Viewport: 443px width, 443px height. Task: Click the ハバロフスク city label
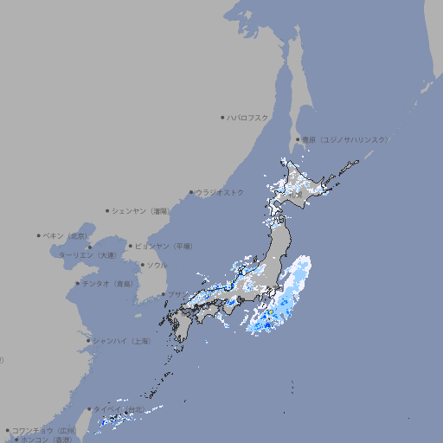[x=248, y=117]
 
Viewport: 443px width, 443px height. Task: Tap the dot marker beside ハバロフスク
[x=222, y=117]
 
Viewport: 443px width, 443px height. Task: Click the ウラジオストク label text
[x=220, y=192]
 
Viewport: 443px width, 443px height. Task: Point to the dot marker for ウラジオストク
[x=191, y=192]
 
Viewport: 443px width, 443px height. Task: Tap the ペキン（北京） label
[x=66, y=235]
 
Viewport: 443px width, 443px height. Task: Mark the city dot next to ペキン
[x=39, y=235]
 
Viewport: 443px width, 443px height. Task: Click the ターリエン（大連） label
[x=87, y=255]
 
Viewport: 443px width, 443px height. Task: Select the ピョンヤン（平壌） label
[x=164, y=246]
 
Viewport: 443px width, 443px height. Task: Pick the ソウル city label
[x=157, y=265]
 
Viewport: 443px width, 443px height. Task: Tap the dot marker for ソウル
[x=141, y=265]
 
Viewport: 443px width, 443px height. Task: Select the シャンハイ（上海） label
[x=121, y=341]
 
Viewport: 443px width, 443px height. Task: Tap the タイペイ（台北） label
[x=119, y=409]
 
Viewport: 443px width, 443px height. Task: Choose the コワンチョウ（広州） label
[x=43, y=430]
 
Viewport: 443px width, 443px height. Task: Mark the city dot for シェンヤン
[x=107, y=210]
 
